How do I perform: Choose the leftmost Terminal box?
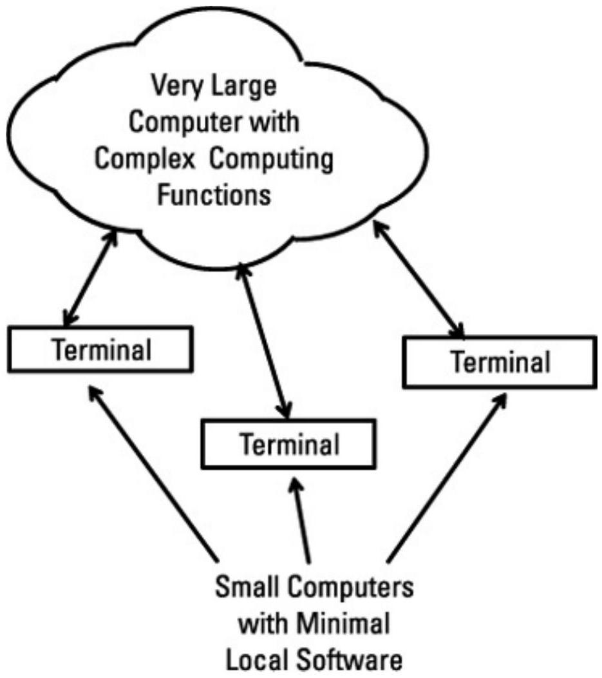102,350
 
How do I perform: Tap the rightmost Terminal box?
500,362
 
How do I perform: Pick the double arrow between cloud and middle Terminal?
264,338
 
